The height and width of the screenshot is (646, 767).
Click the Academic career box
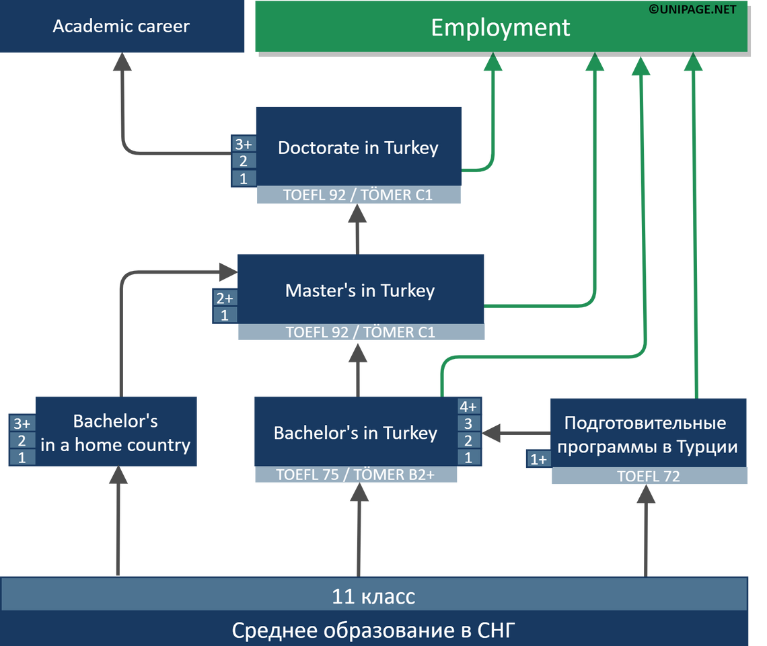click(x=122, y=27)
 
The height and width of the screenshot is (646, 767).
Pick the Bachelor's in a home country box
click(x=115, y=433)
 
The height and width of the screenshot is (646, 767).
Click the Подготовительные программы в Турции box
click(x=647, y=434)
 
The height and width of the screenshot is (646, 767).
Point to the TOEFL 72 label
click(x=649, y=477)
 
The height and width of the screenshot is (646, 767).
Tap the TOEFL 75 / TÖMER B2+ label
click(x=355, y=475)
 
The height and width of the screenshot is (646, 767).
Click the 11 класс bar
click(x=373, y=596)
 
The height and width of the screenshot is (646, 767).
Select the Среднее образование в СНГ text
click(x=373, y=631)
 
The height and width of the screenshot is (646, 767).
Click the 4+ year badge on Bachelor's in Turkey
click(x=468, y=407)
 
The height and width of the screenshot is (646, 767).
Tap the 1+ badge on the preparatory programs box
click(x=538, y=460)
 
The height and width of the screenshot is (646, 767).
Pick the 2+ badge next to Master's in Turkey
click(x=225, y=298)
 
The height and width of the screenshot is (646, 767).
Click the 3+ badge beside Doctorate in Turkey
click(x=244, y=144)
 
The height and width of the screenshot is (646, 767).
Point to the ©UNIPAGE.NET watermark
click(x=692, y=9)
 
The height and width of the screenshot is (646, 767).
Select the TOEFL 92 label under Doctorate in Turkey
click(x=358, y=196)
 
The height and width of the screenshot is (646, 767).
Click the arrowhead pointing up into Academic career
click(x=122, y=64)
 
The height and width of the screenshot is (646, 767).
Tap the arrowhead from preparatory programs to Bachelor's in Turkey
click(x=492, y=433)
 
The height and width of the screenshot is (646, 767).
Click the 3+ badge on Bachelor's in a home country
click(x=22, y=423)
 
